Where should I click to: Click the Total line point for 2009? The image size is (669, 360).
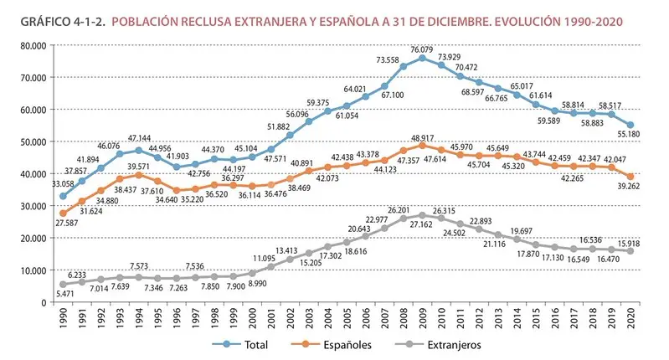422,58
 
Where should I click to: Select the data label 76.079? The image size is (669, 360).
422,49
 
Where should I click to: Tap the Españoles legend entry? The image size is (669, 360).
331,345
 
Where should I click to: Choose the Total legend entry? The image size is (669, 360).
240,345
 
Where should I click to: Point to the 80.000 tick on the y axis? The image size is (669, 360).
33,45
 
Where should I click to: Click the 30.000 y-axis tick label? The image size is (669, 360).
33,206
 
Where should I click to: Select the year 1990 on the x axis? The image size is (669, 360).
64,318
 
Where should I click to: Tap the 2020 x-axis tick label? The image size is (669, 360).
630,318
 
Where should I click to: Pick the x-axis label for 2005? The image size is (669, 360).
347,318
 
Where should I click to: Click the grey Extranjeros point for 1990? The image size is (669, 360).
63,285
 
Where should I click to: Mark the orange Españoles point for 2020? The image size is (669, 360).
630,176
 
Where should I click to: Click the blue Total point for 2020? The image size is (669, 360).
630,125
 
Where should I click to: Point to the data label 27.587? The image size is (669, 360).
66,223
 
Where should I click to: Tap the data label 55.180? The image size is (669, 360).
629,134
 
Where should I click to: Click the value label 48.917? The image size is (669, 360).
422,138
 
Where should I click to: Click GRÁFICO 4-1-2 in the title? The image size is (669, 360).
63,21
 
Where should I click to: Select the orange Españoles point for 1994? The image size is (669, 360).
139,175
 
